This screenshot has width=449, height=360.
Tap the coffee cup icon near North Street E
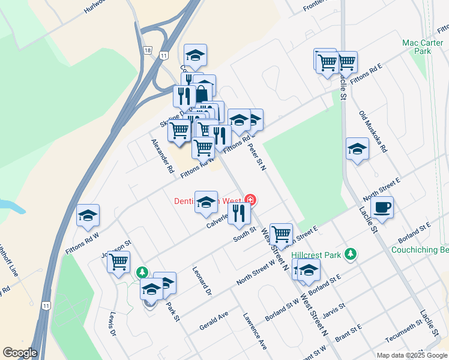point(382,208)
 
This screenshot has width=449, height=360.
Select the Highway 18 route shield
point(148,50)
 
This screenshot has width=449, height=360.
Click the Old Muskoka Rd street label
point(373,130)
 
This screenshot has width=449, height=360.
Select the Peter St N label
point(257,155)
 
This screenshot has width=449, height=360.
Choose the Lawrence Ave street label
point(255,330)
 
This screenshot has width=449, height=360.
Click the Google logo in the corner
point(20,353)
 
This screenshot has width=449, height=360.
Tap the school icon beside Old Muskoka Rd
point(357,149)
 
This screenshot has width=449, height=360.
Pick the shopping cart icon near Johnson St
point(119,261)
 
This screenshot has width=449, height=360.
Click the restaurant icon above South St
point(239,213)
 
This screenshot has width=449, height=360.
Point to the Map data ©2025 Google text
point(412,355)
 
